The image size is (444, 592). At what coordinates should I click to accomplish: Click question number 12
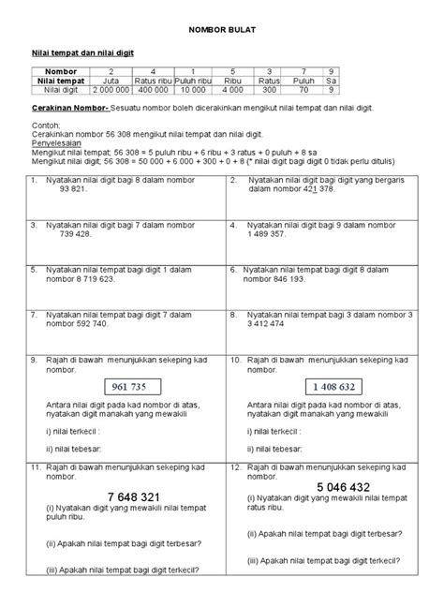(x=234, y=466)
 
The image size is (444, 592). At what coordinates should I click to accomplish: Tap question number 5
(x=33, y=269)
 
